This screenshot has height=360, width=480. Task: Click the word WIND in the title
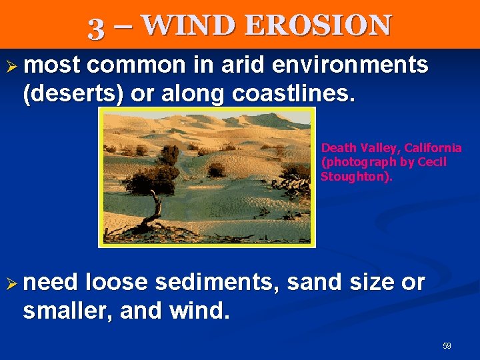188,25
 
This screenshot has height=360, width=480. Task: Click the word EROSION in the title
318,25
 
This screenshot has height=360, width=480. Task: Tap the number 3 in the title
97,27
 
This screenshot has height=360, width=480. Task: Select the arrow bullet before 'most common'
12,66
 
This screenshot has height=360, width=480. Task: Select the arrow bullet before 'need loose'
12,283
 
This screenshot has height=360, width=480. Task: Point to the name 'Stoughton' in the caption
355,177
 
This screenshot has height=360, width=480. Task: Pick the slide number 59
447,346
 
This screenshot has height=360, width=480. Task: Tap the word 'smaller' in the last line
64,311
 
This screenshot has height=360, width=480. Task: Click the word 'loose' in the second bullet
117,283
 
